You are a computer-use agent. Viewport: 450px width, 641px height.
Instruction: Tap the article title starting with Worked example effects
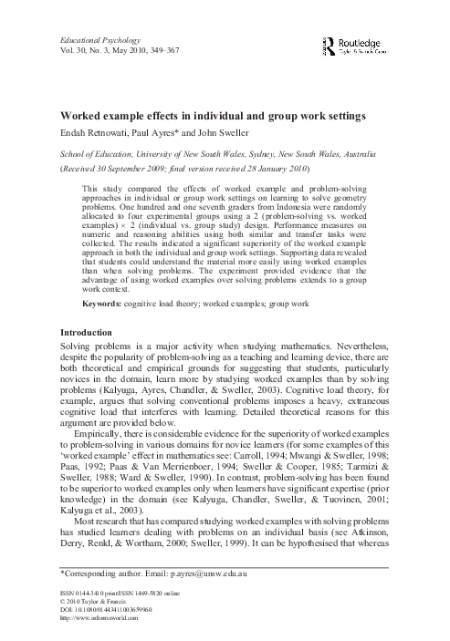click(x=194, y=117)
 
